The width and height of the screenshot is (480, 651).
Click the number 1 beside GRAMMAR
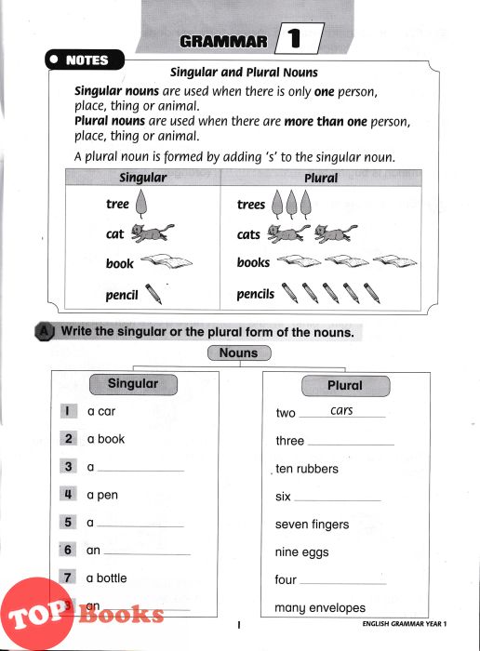(x=294, y=39)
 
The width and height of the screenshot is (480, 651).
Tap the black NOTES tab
(x=85, y=60)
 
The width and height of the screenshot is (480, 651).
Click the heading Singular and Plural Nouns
(x=244, y=73)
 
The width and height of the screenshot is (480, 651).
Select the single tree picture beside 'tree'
(x=141, y=204)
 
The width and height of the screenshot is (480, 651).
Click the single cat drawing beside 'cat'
(x=153, y=232)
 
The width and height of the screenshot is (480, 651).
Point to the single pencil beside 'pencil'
(x=153, y=294)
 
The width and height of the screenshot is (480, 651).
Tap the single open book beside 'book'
(x=167, y=260)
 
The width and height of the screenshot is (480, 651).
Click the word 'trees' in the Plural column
(x=251, y=205)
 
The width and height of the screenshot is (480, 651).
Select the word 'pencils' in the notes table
(x=256, y=294)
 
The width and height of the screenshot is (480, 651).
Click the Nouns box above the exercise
(x=239, y=352)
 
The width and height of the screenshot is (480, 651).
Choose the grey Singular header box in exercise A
(x=133, y=384)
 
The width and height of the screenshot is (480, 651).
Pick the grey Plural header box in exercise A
(x=345, y=386)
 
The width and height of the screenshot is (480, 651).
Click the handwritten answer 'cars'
(x=341, y=410)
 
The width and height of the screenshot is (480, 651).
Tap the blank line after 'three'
(x=351, y=445)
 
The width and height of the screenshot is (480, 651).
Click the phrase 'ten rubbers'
(x=307, y=469)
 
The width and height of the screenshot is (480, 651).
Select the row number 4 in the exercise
(x=68, y=494)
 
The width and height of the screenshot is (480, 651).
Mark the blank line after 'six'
(x=337, y=500)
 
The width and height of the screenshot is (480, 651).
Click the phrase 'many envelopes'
(x=320, y=608)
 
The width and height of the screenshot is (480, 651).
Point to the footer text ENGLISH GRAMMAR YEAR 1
(x=405, y=624)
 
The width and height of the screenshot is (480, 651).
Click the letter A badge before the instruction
(x=45, y=331)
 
